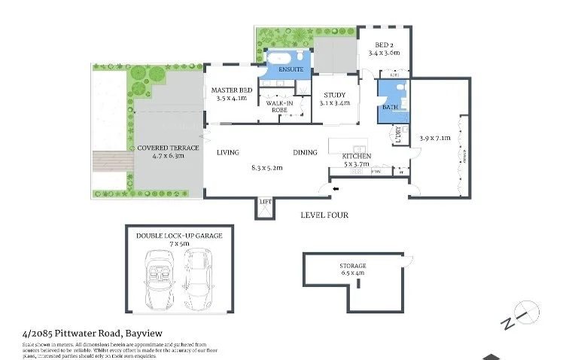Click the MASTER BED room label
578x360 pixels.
click(x=230, y=90)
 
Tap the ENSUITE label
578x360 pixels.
click(x=291, y=69)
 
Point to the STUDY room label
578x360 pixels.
click(x=334, y=95)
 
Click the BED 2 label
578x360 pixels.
click(x=383, y=44)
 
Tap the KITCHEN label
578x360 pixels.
click(x=357, y=156)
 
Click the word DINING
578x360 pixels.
click(x=305, y=152)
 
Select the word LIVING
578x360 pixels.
click(x=227, y=152)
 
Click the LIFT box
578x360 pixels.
click(x=265, y=203)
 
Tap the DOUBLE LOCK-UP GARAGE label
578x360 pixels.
click(x=179, y=236)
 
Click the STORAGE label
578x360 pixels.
click(x=352, y=266)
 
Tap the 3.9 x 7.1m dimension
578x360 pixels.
click(x=433, y=139)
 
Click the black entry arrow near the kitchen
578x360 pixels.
click(x=336, y=188)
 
